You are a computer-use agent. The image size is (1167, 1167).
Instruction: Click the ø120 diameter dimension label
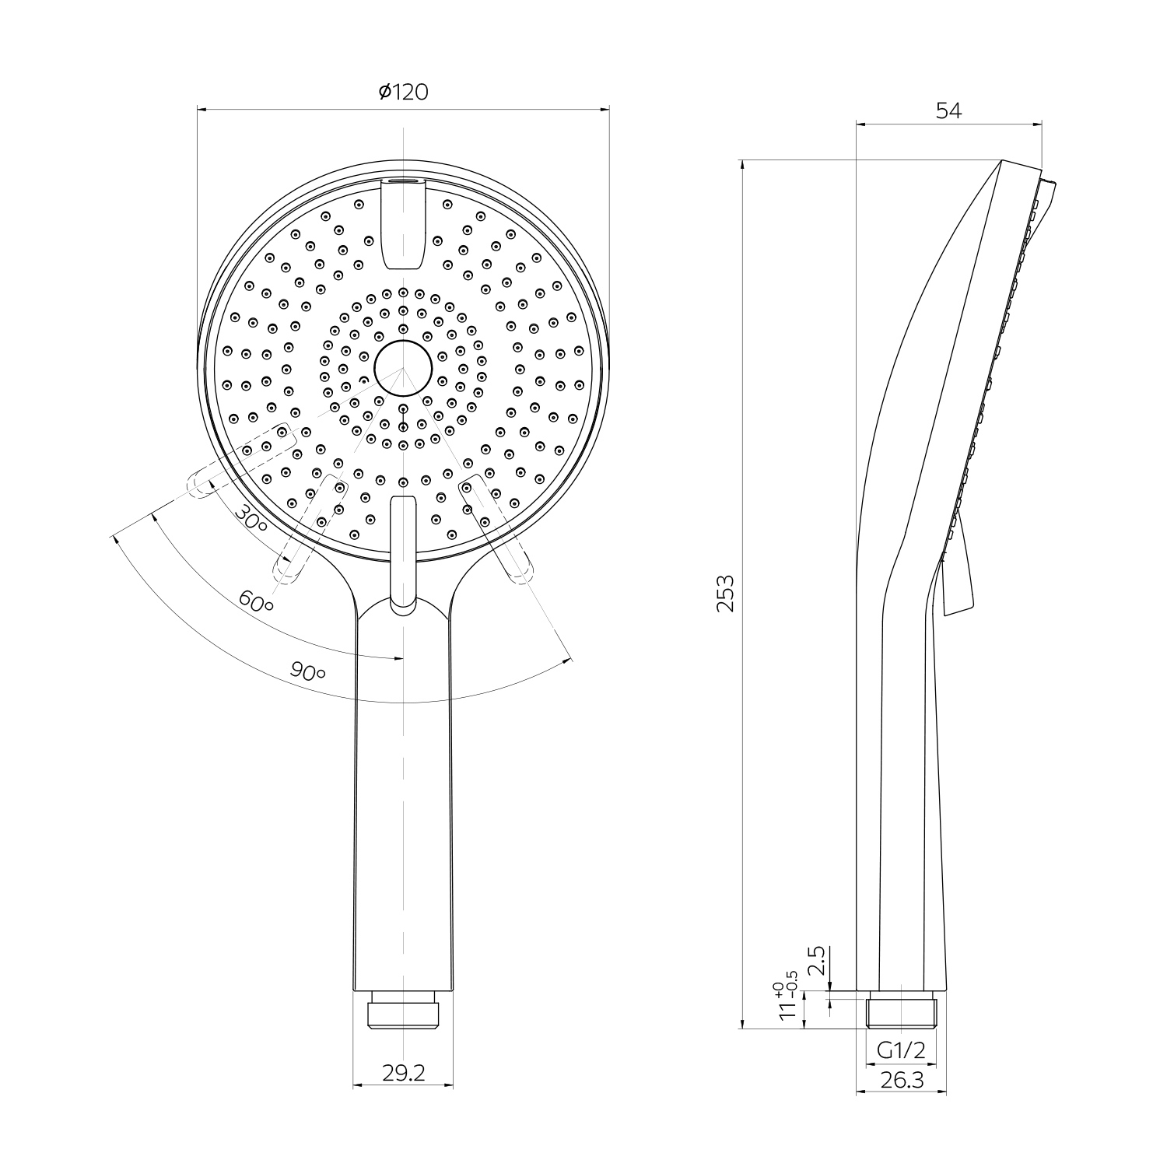coord(403,92)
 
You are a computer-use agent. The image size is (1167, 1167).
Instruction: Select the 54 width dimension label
coord(948,111)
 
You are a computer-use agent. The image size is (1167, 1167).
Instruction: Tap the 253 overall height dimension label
coord(725,594)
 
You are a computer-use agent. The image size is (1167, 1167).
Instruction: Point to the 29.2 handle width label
coord(404,1073)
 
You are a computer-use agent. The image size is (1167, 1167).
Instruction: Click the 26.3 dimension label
coord(901,1080)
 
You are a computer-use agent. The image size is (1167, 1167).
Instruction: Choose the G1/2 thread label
coord(901,1051)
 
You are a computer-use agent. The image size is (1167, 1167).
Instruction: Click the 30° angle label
coord(251,517)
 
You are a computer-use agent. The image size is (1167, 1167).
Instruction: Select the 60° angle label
coord(256,600)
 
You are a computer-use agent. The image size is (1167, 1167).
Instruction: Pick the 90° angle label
coord(308,671)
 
